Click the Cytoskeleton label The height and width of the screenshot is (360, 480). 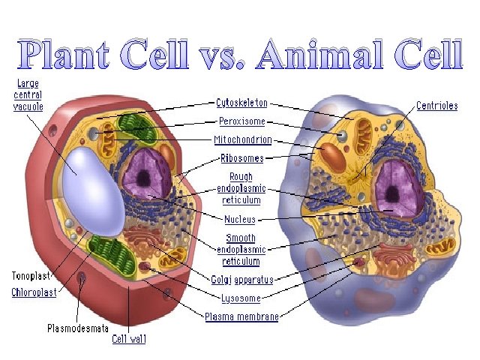coord(241,103)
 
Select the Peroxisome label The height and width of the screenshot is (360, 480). coord(241,121)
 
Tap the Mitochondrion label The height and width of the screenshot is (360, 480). coord(241,139)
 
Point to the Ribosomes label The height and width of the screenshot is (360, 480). coord(241,158)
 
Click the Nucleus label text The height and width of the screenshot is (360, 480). coord(240,220)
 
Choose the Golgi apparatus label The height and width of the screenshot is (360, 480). coord(241,279)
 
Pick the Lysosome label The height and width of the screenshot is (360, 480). coord(241,298)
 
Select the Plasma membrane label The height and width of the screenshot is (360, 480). coord(241,316)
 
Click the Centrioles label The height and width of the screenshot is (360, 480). coord(436,106)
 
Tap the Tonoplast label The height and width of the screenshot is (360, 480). coord(31,275)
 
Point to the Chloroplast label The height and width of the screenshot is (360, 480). coord(34,292)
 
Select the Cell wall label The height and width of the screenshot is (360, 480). coord(129,339)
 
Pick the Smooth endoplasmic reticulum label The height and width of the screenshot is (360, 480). coord(240,249)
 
